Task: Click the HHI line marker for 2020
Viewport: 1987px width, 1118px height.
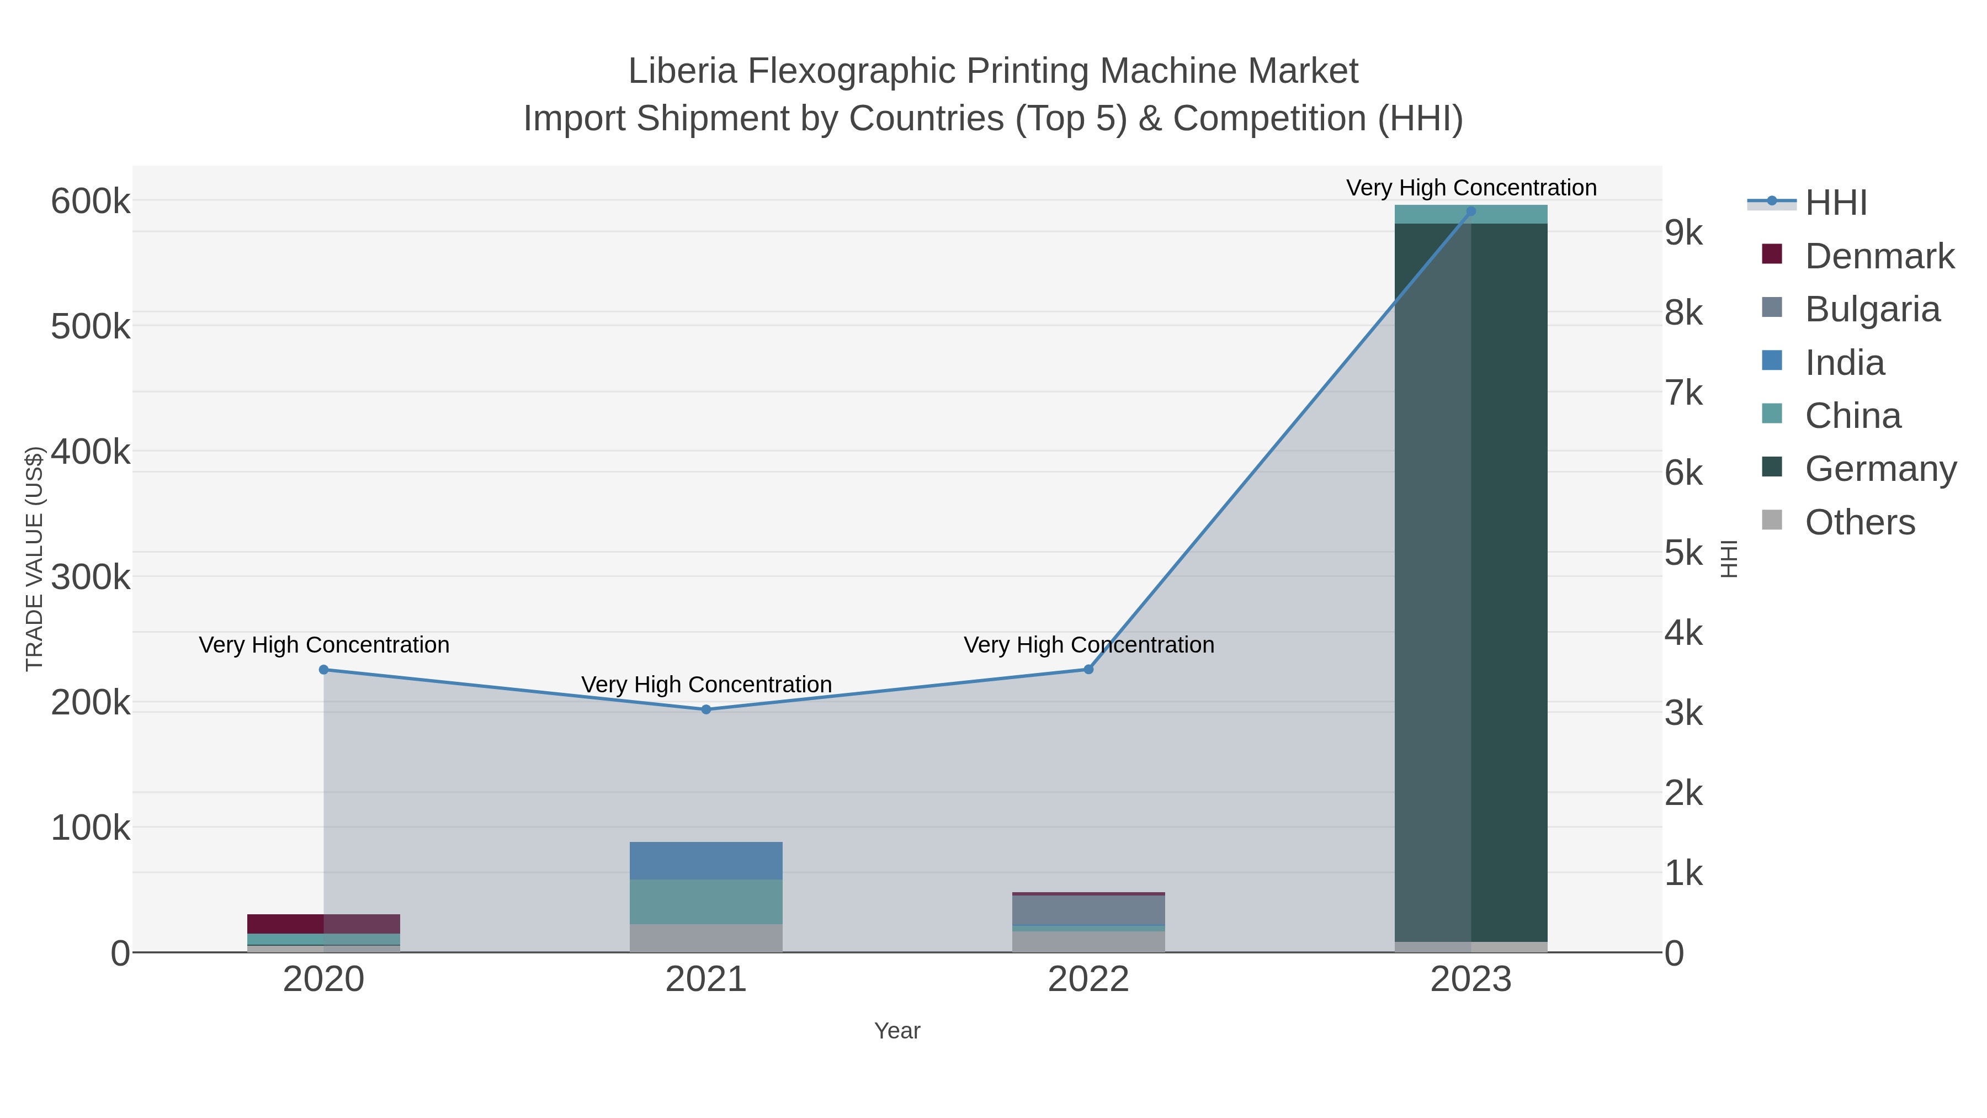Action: [324, 670]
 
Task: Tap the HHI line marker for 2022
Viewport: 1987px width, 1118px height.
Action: [1088, 670]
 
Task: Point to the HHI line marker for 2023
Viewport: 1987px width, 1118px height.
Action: [1471, 211]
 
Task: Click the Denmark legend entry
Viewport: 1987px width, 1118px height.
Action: [1879, 256]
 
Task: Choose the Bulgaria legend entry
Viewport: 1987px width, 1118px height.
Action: [1872, 309]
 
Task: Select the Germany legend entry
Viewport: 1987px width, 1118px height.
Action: [1880, 469]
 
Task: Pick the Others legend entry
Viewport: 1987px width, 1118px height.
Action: [1860, 522]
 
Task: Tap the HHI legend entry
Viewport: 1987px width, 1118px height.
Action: [1836, 203]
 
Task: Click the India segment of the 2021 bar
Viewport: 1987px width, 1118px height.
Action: [706, 860]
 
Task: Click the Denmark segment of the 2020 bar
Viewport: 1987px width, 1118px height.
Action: [324, 924]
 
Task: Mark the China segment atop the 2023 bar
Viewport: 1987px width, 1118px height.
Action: [1471, 215]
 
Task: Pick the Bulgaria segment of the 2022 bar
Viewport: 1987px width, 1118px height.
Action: [1088, 910]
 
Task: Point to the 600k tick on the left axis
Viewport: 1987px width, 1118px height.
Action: [91, 202]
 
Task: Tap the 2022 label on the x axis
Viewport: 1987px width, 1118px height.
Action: [1088, 980]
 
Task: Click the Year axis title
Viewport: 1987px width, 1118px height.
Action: [897, 1031]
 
